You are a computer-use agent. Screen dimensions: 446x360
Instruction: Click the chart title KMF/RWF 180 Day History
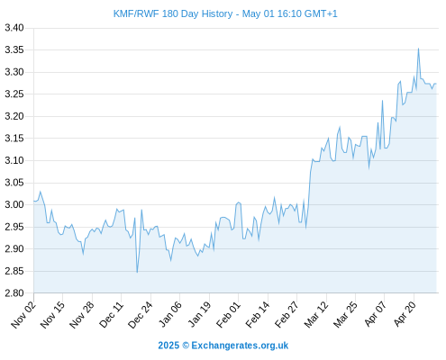point(173,13)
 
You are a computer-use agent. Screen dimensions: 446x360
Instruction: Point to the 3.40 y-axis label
point(14,28)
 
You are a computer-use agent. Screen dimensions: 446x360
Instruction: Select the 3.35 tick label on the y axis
point(14,50)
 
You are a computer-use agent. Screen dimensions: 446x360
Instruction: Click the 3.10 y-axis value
point(14,160)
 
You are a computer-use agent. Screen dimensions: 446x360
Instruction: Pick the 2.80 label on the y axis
point(14,293)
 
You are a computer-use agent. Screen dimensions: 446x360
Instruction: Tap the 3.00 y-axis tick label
point(14,204)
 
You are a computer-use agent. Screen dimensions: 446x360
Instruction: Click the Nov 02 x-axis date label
point(23,315)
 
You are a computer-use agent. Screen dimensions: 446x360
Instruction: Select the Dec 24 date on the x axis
point(141,315)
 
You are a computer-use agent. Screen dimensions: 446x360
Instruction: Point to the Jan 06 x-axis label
point(170,315)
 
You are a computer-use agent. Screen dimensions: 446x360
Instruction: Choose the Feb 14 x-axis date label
point(258,315)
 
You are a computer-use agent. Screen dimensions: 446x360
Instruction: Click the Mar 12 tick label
point(316,315)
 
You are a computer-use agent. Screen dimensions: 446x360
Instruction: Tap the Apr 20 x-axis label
point(405,314)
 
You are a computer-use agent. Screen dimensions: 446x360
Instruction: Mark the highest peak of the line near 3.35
point(418,49)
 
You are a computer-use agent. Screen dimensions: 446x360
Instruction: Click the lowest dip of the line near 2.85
point(137,272)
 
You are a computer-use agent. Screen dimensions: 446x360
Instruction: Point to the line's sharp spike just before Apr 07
point(382,101)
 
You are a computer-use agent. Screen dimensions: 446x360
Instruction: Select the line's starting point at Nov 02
point(34,201)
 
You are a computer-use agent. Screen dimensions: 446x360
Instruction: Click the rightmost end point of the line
point(436,84)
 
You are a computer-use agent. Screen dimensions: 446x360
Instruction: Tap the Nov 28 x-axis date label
point(82,315)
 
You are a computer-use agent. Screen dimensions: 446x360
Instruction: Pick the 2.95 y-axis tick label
point(14,227)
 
